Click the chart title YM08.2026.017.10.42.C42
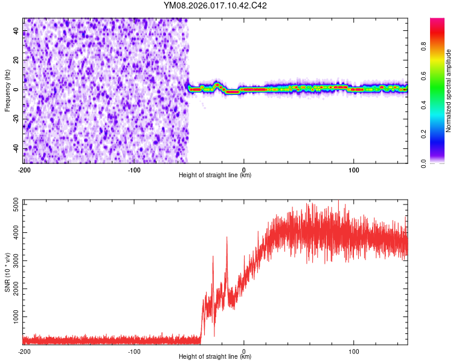tap(216, 6)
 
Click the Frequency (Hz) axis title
tap(7, 90)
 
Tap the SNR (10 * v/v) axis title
tap(7, 272)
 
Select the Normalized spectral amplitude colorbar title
tap(448, 91)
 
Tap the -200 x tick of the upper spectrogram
tap(24, 169)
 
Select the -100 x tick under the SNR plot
tap(134, 351)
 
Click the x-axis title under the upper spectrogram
tap(215, 175)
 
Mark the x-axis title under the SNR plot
tap(215, 358)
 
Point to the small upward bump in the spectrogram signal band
tap(217, 85)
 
